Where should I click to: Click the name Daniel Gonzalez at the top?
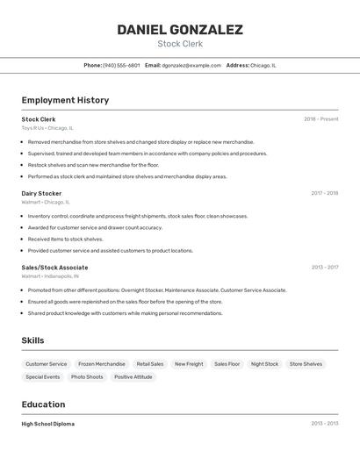pos(180,30)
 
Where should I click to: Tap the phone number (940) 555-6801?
pos(121,65)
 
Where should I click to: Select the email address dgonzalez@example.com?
pos(191,65)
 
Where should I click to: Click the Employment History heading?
pos(65,100)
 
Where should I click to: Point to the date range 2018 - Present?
pos(320,119)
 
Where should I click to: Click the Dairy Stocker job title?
pos(41,193)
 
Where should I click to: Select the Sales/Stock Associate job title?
pos(54,268)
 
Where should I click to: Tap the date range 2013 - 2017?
pos(324,268)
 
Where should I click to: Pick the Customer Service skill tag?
pos(46,364)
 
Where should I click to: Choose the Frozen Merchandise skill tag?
pos(101,364)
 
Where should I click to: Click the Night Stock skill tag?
pos(264,364)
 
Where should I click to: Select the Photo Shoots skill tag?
pos(87,377)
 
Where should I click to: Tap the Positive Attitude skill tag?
pos(133,377)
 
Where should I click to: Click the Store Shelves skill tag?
pos(306,364)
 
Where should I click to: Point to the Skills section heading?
pos(32,340)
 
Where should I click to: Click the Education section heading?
pos(43,404)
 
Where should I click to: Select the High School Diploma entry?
pos(47,424)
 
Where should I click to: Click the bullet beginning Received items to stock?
pos(65,239)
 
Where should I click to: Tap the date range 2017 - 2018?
pos(324,193)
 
